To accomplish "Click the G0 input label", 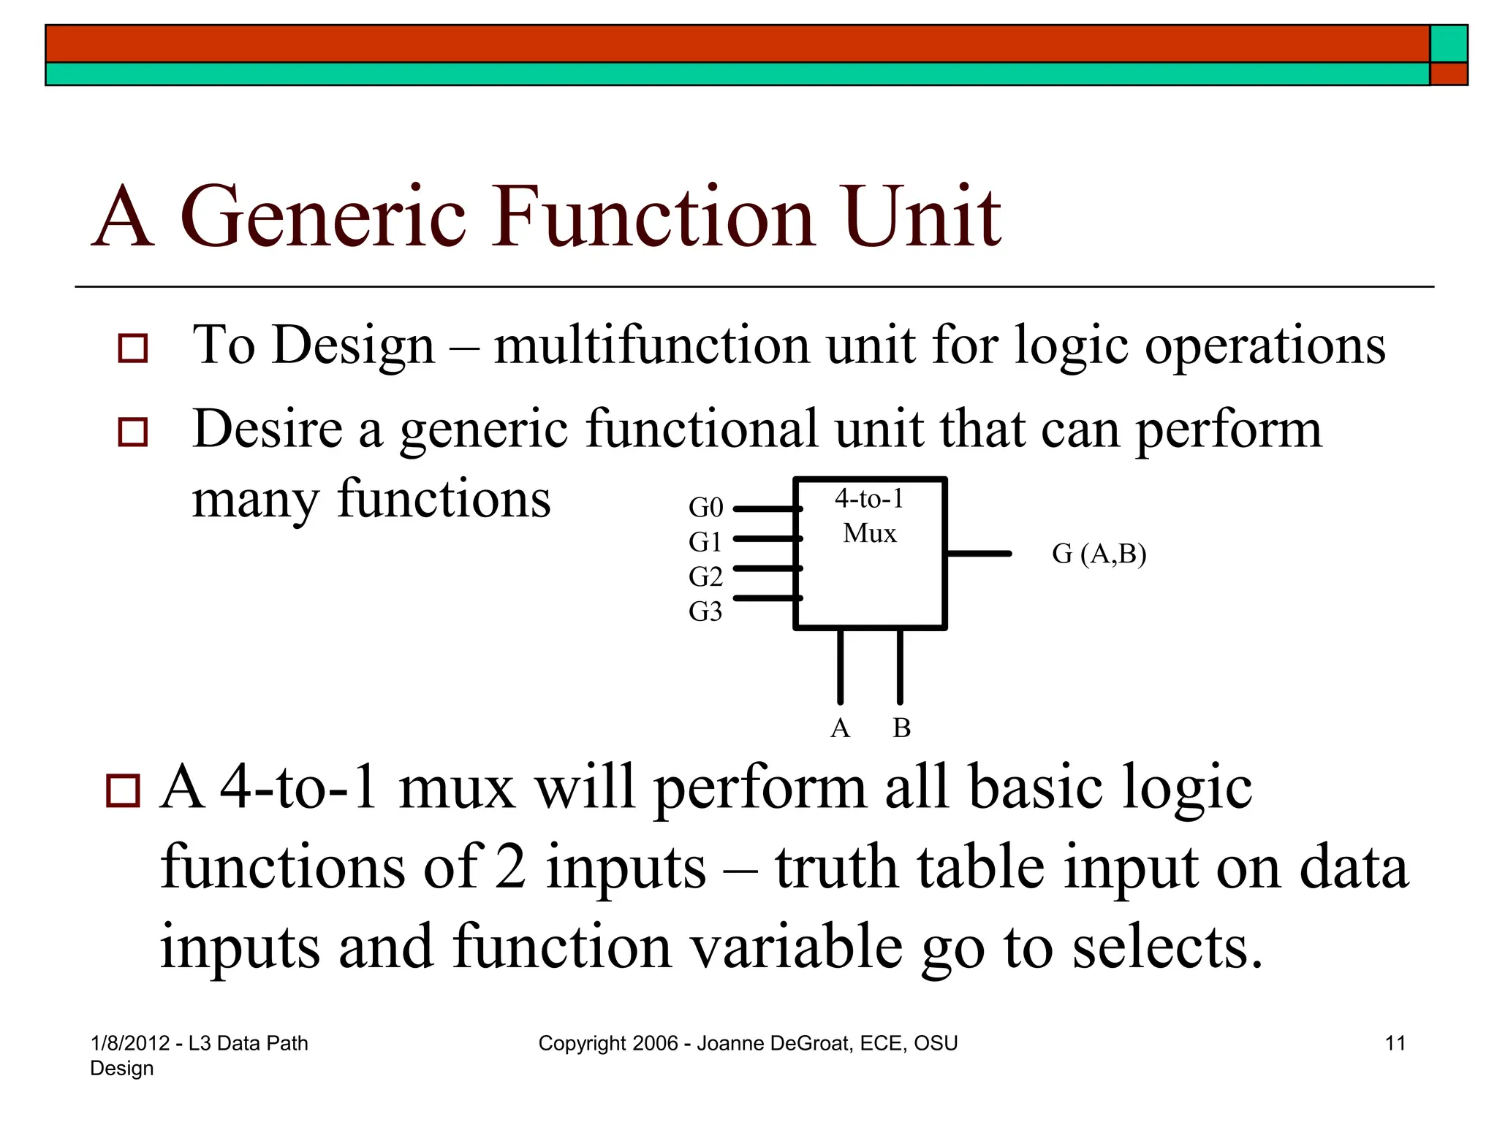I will tap(705, 507).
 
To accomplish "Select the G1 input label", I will tap(705, 542).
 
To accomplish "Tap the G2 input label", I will tap(705, 577).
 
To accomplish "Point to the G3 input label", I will tap(705, 611).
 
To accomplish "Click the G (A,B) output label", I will tap(1099, 554).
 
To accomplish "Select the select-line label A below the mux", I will tap(840, 728).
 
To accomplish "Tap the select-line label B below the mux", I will tap(901, 728).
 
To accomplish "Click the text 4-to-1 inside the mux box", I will tap(869, 499).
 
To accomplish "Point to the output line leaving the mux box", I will tap(979, 554).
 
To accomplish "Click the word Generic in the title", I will tap(322, 217).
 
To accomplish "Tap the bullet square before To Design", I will tap(133, 348).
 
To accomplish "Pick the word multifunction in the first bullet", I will tap(651, 346).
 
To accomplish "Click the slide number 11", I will tap(1395, 1043).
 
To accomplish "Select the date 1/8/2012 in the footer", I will tap(129, 1043).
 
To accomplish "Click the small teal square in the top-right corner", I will tap(1448, 44).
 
